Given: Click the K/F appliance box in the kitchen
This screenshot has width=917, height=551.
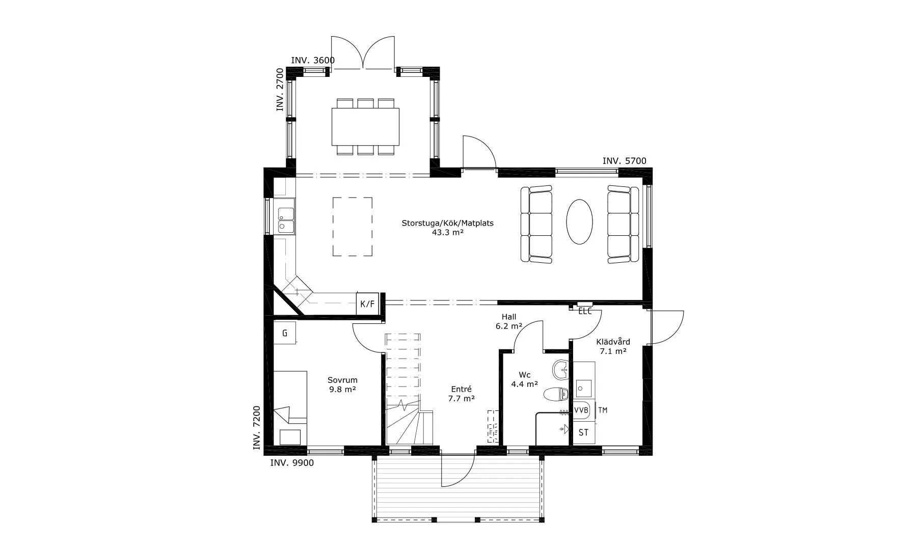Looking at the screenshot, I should click(x=367, y=304).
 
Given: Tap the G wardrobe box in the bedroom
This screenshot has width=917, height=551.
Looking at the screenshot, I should click(x=285, y=333).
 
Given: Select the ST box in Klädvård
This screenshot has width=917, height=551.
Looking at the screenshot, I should click(x=583, y=432).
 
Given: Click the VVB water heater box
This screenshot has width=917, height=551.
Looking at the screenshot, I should click(x=581, y=410).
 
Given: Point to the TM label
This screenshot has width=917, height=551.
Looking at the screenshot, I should click(x=603, y=410).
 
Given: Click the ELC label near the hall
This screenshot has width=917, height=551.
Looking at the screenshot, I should click(x=585, y=311).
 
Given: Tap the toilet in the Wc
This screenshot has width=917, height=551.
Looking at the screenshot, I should click(x=556, y=394).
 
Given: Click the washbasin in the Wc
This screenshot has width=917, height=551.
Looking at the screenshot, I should click(x=560, y=369).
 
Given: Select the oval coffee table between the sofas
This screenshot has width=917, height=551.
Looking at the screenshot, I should click(x=580, y=222).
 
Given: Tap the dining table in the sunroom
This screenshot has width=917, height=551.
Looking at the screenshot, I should click(x=365, y=126).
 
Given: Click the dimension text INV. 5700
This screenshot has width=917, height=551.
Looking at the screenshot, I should click(x=624, y=161).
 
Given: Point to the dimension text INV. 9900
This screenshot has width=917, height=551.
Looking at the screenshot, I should click(x=292, y=463).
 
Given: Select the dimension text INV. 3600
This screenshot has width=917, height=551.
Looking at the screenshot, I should click(x=313, y=60).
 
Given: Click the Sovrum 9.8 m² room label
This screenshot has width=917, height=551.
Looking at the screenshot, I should click(x=342, y=384).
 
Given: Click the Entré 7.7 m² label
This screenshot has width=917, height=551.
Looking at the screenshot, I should click(x=462, y=394).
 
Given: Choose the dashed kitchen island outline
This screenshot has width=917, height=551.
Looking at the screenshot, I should click(x=353, y=227).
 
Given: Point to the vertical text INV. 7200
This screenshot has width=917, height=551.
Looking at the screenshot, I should click(x=257, y=428).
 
